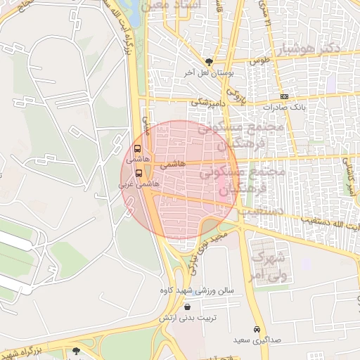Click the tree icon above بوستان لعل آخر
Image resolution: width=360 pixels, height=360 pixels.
209,62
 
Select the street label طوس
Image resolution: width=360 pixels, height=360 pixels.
262,61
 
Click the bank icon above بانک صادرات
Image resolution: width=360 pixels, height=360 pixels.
283,96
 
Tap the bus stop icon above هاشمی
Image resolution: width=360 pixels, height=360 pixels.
137,148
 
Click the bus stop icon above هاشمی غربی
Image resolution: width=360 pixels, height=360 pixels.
139,172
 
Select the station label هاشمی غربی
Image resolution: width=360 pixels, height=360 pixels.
139,183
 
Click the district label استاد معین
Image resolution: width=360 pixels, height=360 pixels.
172,6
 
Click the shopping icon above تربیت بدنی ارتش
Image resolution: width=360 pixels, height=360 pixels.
187,307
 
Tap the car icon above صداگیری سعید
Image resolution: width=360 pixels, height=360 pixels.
257,329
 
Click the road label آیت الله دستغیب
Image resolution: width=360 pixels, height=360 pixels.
330,226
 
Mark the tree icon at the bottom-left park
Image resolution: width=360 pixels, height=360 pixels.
76,349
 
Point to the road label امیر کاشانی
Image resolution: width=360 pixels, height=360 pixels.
347,176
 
